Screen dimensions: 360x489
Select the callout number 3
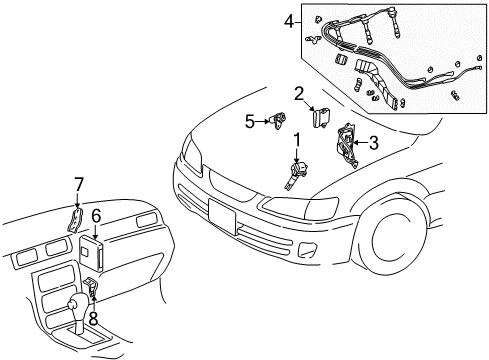(373, 143)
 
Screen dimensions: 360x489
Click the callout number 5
(249, 122)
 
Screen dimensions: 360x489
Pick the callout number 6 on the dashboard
(96, 215)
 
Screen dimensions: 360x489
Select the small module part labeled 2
(323, 117)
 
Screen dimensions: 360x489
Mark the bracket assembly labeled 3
(347, 145)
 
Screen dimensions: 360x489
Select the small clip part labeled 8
(91, 290)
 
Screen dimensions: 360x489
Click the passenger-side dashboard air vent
(144, 219)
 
